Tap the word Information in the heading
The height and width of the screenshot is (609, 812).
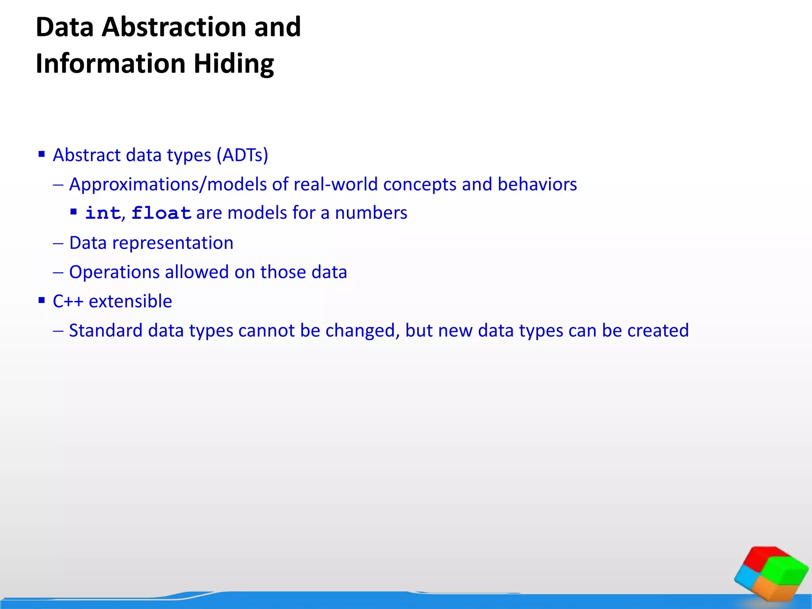[x=111, y=63]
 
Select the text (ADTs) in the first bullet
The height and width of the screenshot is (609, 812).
[x=242, y=155]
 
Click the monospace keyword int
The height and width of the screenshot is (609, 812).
[x=103, y=213]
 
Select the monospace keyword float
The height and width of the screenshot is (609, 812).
[x=161, y=213]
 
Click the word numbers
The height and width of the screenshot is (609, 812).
[x=371, y=213]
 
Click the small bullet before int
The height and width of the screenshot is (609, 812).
[x=73, y=212]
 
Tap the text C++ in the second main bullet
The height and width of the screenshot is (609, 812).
[x=68, y=301]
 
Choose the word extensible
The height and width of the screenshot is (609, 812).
[x=130, y=301]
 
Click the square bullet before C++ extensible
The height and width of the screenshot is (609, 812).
[x=42, y=300]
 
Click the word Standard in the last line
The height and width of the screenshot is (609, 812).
[x=105, y=331]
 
